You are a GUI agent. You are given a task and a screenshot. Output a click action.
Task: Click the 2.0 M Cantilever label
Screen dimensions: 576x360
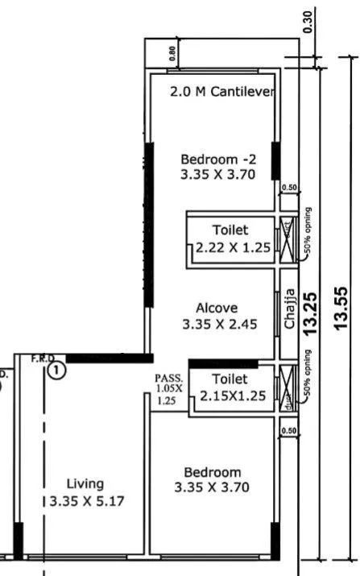(222, 92)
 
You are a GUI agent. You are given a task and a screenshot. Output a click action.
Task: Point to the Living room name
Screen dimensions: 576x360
(85, 483)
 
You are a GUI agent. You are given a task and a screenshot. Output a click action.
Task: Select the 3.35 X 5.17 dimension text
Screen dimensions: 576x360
(85, 499)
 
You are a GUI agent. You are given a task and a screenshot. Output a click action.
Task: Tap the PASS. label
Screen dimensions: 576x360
(169, 377)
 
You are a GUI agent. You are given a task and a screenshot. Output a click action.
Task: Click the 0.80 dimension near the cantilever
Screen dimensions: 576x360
(172, 54)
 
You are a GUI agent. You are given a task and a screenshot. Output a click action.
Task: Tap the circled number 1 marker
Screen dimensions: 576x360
(56, 371)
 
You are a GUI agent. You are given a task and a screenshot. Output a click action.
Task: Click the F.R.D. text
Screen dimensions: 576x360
(42, 358)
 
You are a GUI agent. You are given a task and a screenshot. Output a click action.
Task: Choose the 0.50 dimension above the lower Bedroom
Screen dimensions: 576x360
(289, 432)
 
